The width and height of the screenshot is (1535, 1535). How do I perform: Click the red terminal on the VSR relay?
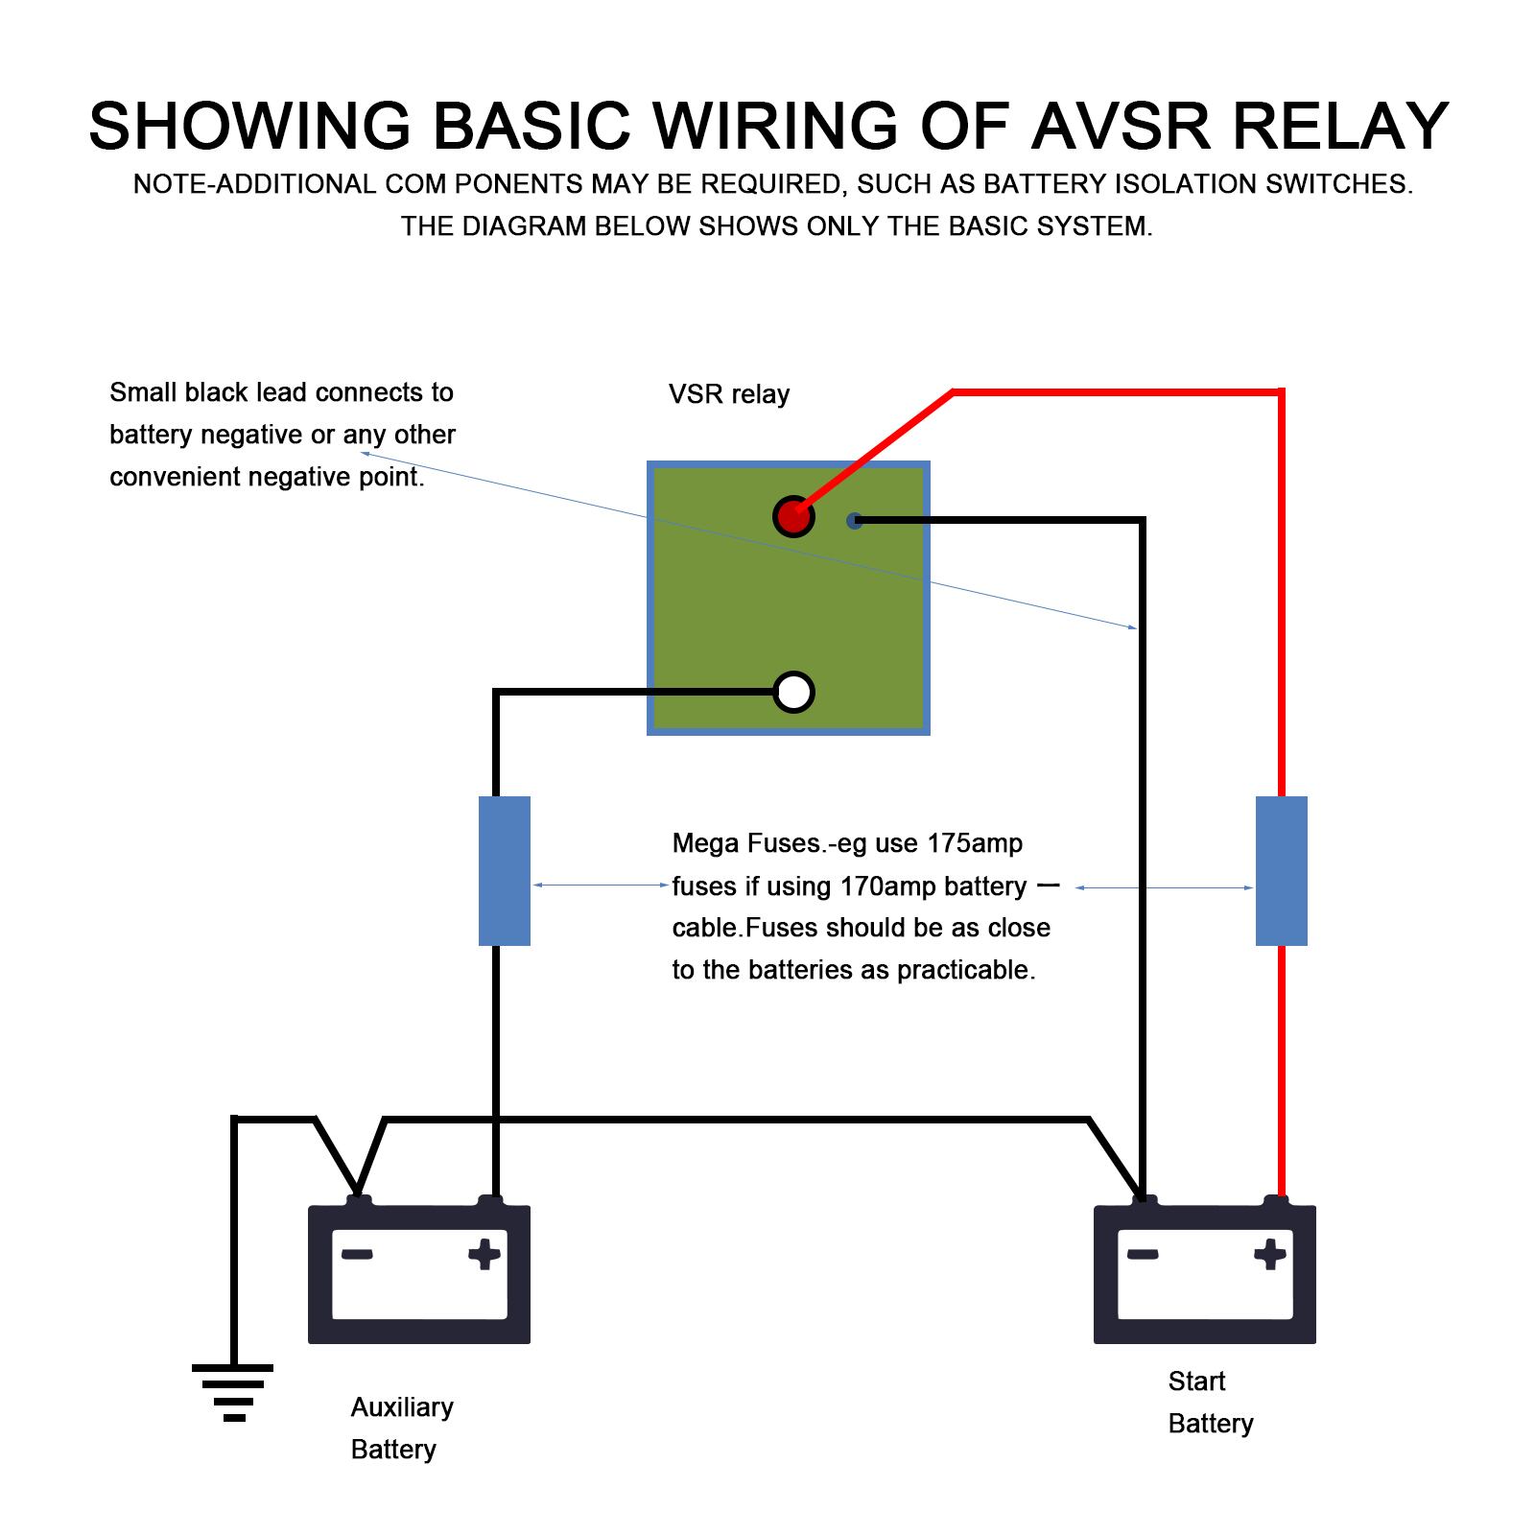point(792,517)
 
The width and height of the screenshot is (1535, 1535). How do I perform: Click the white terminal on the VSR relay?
point(793,692)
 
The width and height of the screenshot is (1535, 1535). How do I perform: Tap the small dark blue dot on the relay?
point(854,521)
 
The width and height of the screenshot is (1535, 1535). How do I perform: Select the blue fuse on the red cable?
point(1281,870)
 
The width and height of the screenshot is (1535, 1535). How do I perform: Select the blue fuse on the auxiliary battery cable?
point(504,870)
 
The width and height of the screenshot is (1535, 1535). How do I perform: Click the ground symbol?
point(233,1391)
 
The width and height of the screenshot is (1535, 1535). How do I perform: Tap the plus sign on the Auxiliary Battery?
point(484,1254)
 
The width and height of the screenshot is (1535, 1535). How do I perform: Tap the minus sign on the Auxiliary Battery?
point(357,1254)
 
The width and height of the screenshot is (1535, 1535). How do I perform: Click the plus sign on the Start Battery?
point(1270,1254)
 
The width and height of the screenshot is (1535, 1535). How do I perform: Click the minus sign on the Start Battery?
point(1143,1254)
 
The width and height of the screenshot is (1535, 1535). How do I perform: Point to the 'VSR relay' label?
point(729,394)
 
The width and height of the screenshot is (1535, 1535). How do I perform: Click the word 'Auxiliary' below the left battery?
point(402,1407)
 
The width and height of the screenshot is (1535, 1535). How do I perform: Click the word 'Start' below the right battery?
point(1196,1381)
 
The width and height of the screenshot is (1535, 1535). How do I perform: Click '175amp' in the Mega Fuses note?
point(975,843)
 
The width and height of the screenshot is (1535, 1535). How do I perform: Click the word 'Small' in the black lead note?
point(143,392)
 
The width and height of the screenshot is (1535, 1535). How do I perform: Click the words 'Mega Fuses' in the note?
point(747,843)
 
